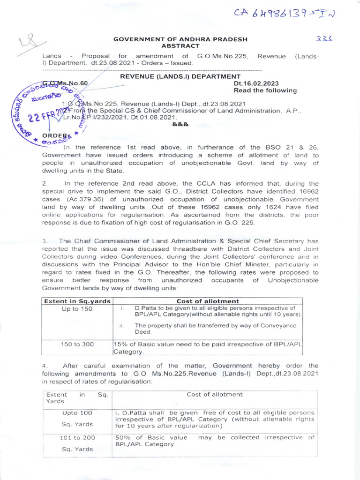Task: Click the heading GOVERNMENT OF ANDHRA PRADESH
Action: point(180,39)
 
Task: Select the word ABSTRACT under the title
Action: point(180,46)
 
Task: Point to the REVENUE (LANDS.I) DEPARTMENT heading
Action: point(180,76)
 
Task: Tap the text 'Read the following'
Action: point(265,90)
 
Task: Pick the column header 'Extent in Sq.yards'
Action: point(77,301)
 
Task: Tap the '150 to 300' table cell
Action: point(77,344)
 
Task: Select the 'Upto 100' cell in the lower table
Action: point(77,413)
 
